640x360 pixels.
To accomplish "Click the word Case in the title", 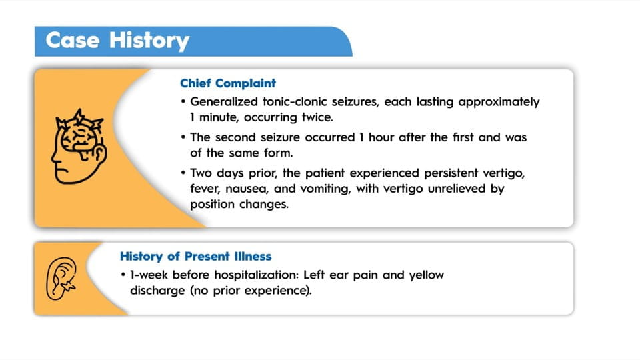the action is click(73, 40).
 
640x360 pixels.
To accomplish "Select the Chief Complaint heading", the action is click(228, 83).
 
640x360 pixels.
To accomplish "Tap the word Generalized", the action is click(224, 101).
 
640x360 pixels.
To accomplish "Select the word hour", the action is click(381, 137).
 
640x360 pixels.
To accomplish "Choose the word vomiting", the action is click(325, 189).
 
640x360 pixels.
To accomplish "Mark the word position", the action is click(212, 205).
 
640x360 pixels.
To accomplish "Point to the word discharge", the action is click(157, 291).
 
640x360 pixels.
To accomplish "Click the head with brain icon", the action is click(79, 146).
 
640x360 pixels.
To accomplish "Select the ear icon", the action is click(61, 279).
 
